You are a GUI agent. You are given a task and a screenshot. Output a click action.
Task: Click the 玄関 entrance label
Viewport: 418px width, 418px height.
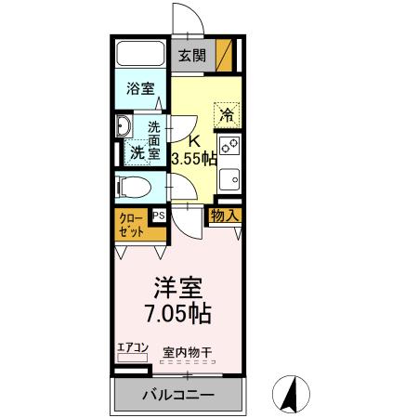(192, 56)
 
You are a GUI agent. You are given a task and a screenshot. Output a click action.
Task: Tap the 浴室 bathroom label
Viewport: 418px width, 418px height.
(141, 91)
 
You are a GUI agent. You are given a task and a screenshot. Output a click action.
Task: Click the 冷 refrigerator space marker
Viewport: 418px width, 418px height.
(227, 115)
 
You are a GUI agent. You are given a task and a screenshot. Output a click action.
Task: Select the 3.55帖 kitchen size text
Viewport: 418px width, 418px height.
(194, 159)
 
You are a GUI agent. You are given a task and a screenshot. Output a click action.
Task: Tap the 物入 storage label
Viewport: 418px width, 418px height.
(224, 216)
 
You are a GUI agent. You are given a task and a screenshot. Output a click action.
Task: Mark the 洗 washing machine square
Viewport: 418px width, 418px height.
(137, 150)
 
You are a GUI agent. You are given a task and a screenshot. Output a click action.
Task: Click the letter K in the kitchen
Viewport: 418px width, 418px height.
(194, 141)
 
